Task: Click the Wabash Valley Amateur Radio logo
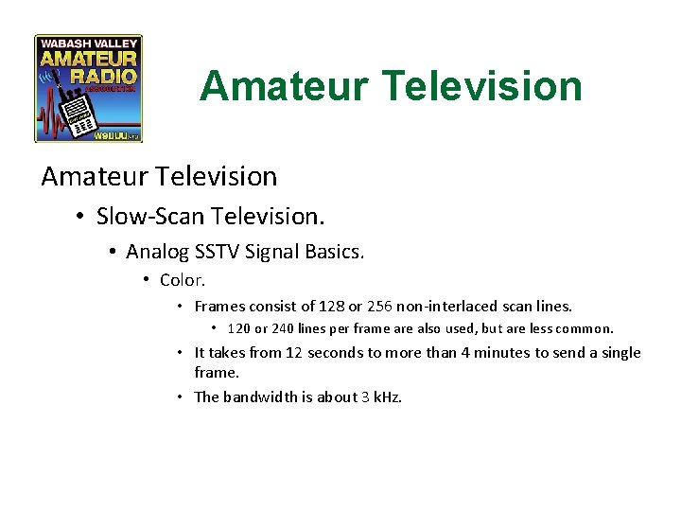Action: pyautogui.click(x=88, y=88)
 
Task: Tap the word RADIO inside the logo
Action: pyautogui.click(x=112, y=75)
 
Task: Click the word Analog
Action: pyautogui.click(x=155, y=252)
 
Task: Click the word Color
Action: pyautogui.click(x=183, y=280)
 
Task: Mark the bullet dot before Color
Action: pyautogui.click(x=147, y=280)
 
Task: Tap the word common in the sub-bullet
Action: pyautogui.click(x=586, y=329)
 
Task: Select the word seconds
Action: pyautogui.click(x=335, y=353)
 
